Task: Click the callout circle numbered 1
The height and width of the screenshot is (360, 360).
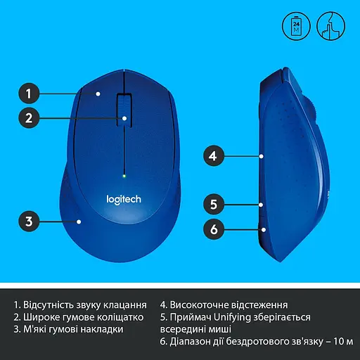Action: pyautogui.click(x=28, y=93)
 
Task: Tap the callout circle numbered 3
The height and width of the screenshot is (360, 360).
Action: pyautogui.click(x=28, y=221)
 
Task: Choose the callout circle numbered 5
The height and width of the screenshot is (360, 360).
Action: pyautogui.click(x=215, y=205)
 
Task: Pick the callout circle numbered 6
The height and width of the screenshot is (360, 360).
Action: pyautogui.click(x=215, y=229)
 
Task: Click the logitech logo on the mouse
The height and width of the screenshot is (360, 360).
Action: pyautogui.click(x=124, y=199)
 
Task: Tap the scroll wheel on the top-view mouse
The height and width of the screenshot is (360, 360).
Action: pyautogui.click(x=123, y=107)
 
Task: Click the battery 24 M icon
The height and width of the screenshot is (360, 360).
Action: pyautogui.click(x=295, y=27)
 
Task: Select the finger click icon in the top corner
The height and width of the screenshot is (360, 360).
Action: pyautogui.click(x=330, y=27)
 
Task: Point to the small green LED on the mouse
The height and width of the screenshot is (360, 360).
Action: pyautogui.click(x=124, y=175)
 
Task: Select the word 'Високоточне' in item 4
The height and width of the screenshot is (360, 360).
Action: pyautogui.click(x=202, y=305)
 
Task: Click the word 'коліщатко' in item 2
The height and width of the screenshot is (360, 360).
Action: pyautogui.click(x=124, y=317)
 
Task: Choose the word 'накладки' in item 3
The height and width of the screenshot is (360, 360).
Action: pyautogui.click(x=102, y=329)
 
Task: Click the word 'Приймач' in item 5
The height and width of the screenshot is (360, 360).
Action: pyautogui.click(x=191, y=317)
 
